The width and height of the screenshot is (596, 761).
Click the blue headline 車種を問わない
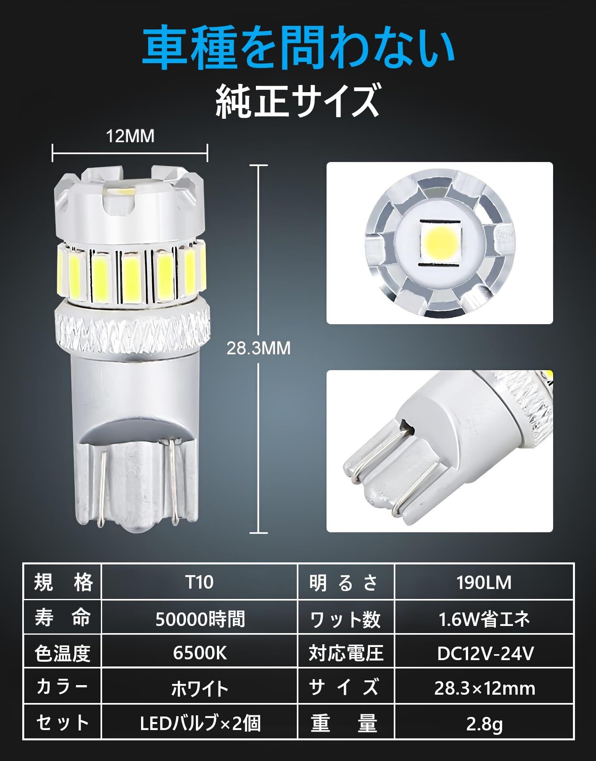point(298,48)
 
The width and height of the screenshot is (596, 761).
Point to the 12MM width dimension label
point(130,137)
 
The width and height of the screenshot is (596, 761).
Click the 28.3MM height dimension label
point(258,348)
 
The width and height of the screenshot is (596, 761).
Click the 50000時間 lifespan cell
point(199,618)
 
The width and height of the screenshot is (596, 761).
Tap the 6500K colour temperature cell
point(199,653)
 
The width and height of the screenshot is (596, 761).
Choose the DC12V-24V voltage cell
point(484,653)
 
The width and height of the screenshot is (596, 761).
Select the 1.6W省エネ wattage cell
point(484,618)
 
